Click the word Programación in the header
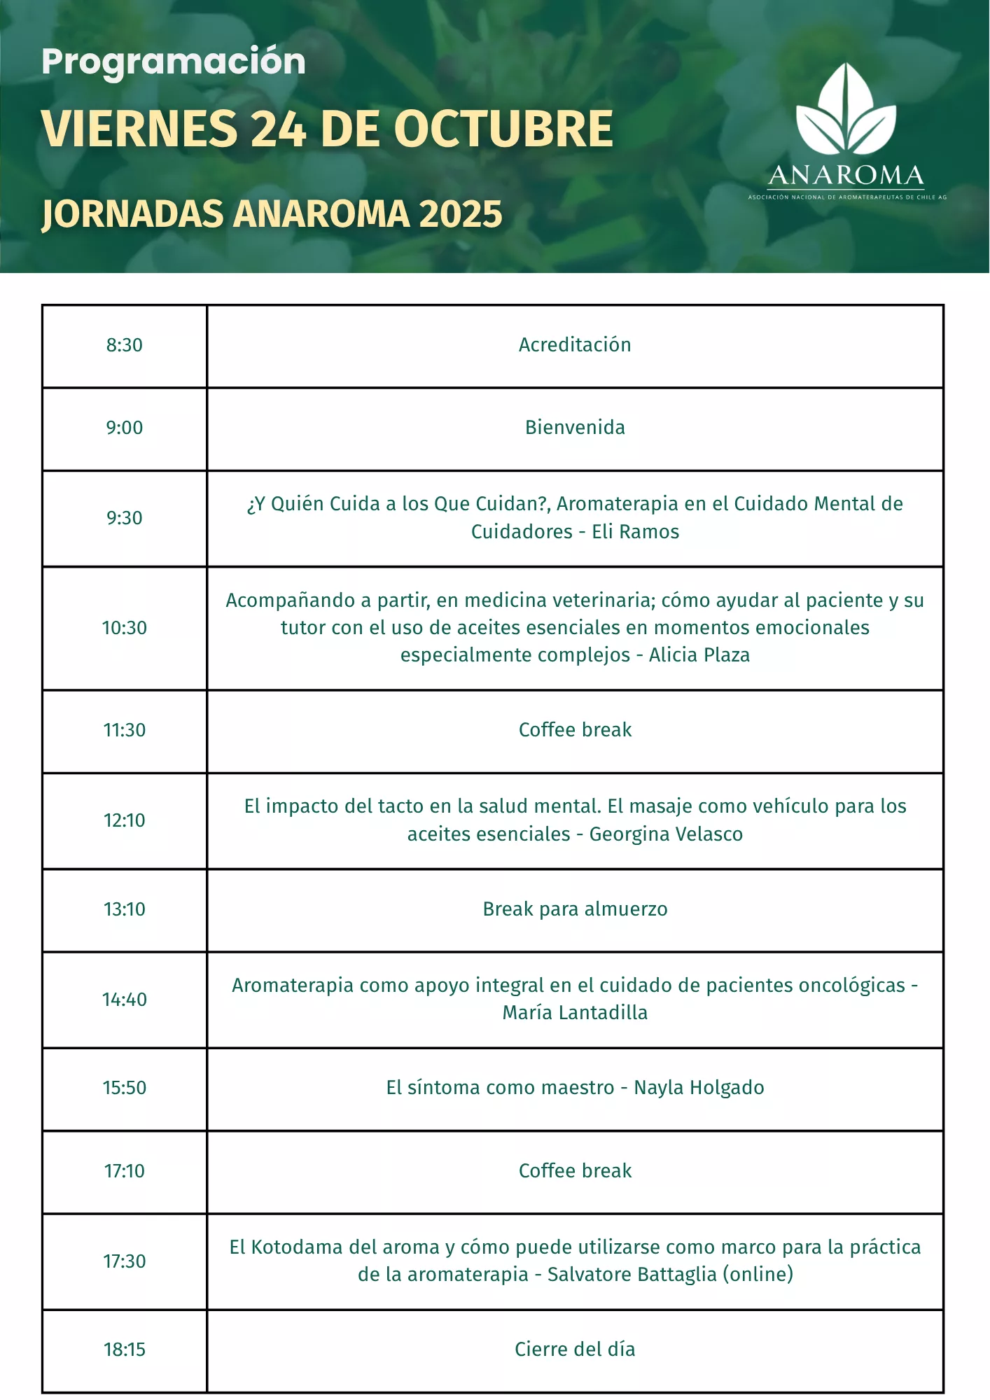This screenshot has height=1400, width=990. pyautogui.click(x=173, y=62)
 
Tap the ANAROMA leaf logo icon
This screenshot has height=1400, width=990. pyautogui.click(x=846, y=110)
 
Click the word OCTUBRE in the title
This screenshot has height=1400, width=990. pyautogui.click(x=503, y=129)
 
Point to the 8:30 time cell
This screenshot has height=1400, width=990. pyautogui.click(x=125, y=345)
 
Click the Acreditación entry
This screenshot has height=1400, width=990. pyautogui.click(x=575, y=345)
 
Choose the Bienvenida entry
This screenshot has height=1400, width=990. pyautogui.click(x=575, y=428)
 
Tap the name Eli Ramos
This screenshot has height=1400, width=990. pyautogui.click(x=635, y=532)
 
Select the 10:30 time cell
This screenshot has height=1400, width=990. pyautogui.click(x=125, y=628)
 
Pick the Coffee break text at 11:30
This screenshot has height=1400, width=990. pyautogui.click(x=575, y=730)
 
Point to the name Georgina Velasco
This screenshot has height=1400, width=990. pyautogui.click(x=665, y=834)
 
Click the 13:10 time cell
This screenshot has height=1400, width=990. pyautogui.click(x=125, y=909)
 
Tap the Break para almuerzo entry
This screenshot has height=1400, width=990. pyautogui.click(x=575, y=909)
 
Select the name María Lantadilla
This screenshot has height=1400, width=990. pyautogui.click(x=575, y=1013)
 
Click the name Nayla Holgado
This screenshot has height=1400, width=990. pyautogui.click(x=699, y=1088)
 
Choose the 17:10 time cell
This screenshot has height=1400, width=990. pyautogui.click(x=125, y=1171)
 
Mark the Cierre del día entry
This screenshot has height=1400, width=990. pyautogui.click(x=575, y=1350)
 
